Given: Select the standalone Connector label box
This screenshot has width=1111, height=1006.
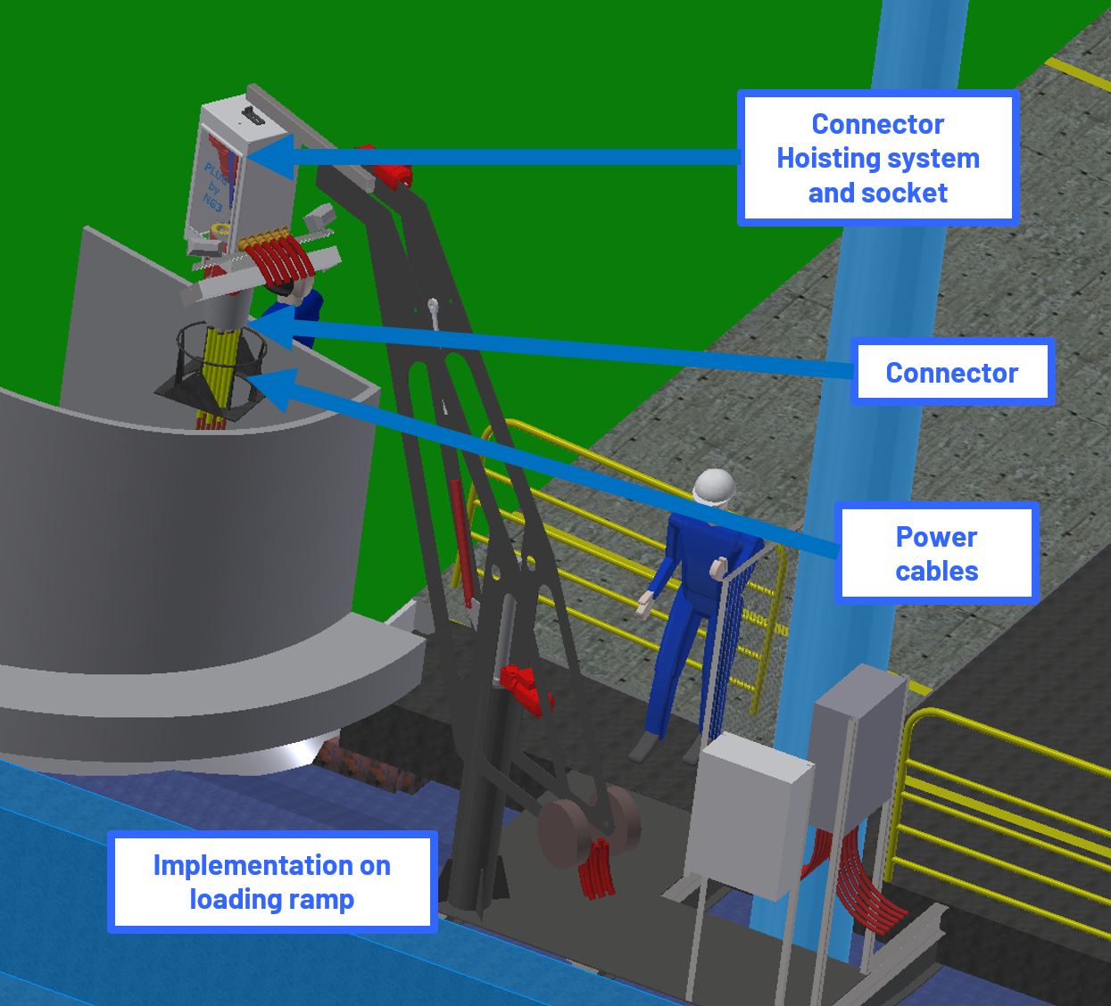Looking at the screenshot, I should [x=951, y=372].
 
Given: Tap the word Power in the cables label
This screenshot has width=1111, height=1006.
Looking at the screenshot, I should [x=936, y=537].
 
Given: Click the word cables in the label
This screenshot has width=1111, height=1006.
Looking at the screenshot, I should [x=936, y=571].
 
